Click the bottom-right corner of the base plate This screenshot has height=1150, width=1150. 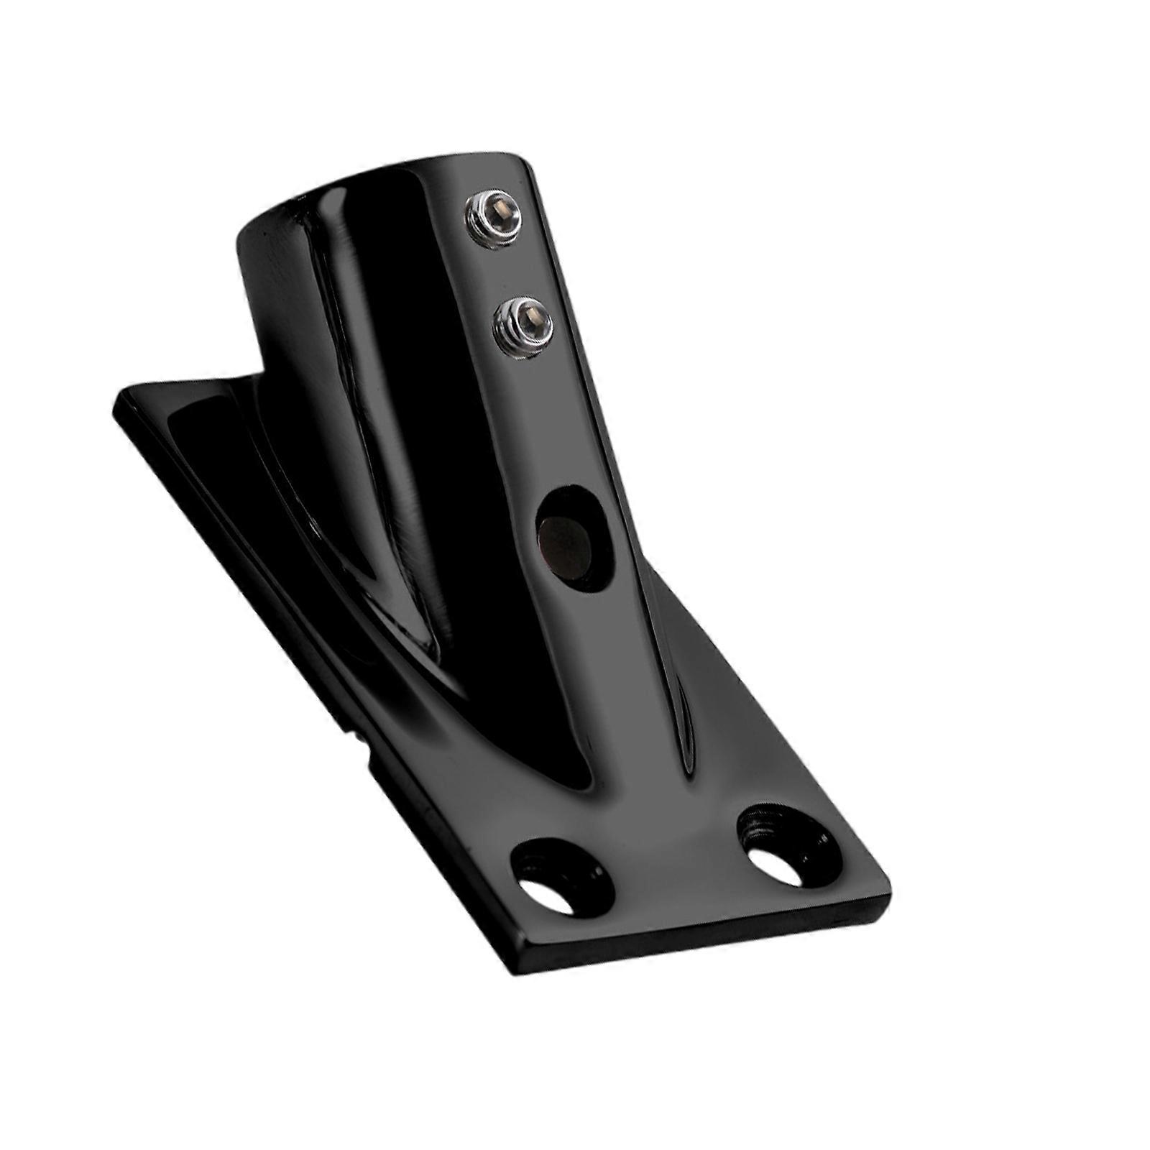click(x=888, y=898)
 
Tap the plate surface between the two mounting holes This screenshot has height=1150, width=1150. click(x=676, y=862)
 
